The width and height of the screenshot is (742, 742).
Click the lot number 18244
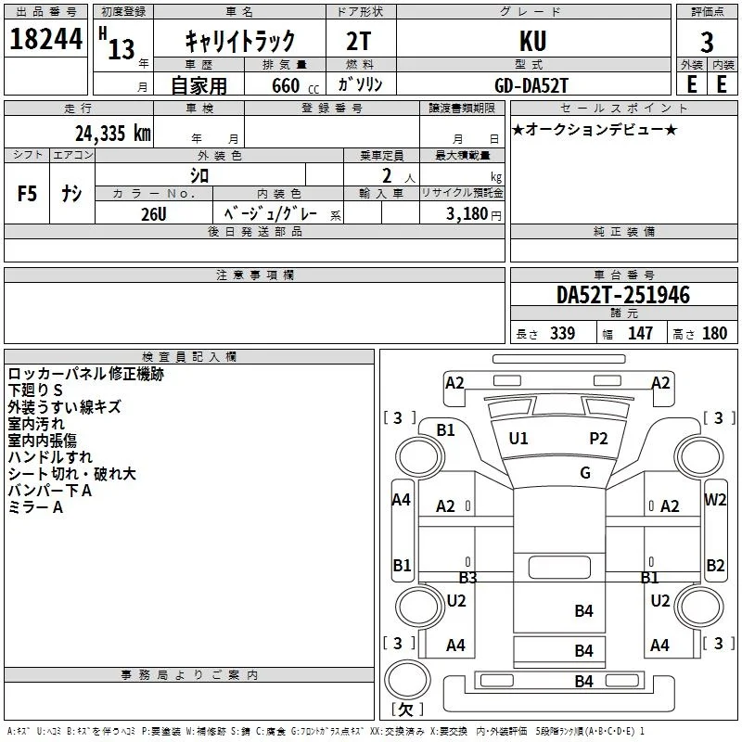pos(45,39)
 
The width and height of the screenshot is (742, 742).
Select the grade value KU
pos(532,41)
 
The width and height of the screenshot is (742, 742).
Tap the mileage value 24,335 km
pos(113,134)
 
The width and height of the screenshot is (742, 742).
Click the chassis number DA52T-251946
pos(623,295)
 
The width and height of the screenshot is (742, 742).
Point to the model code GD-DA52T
pos(531,85)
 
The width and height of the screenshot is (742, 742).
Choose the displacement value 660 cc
pos(295,86)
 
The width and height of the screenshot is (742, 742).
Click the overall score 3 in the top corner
pos(707,42)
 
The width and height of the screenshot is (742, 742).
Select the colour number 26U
pos(154,214)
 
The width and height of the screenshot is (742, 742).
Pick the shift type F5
pos(27,194)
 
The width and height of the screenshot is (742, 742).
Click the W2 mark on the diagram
pos(715,499)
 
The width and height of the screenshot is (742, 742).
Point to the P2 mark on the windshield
pos(598,439)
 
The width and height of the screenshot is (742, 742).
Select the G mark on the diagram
pos(585,473)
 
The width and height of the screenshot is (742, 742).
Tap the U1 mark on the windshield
pos(518,439)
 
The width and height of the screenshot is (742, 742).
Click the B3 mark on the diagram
pos(468,577)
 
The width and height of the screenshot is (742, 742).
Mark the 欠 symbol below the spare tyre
pos(406,710)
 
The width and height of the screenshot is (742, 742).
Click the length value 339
pos(563,334)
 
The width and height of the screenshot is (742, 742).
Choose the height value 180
pos(714,334)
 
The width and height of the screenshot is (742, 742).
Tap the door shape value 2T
pos(359,41)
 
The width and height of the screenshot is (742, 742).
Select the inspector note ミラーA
pos(35,507)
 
